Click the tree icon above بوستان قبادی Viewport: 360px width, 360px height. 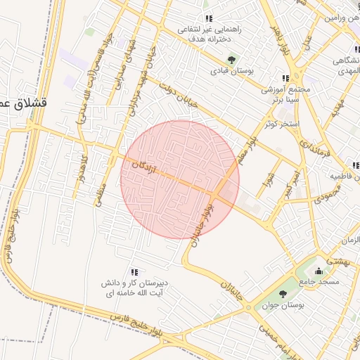(232, 59)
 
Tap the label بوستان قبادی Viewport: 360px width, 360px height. (232, 71)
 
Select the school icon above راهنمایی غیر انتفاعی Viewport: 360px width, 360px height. (207, 18)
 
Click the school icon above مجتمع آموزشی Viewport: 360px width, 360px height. (285, 78)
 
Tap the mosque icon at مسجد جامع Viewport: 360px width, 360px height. (319, 271)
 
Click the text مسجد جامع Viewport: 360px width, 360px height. (319, 282)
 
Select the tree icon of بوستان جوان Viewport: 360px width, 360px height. (283, 294)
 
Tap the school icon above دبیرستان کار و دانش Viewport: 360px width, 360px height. (134, 272)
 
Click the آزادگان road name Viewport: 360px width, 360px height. (146, 167)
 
